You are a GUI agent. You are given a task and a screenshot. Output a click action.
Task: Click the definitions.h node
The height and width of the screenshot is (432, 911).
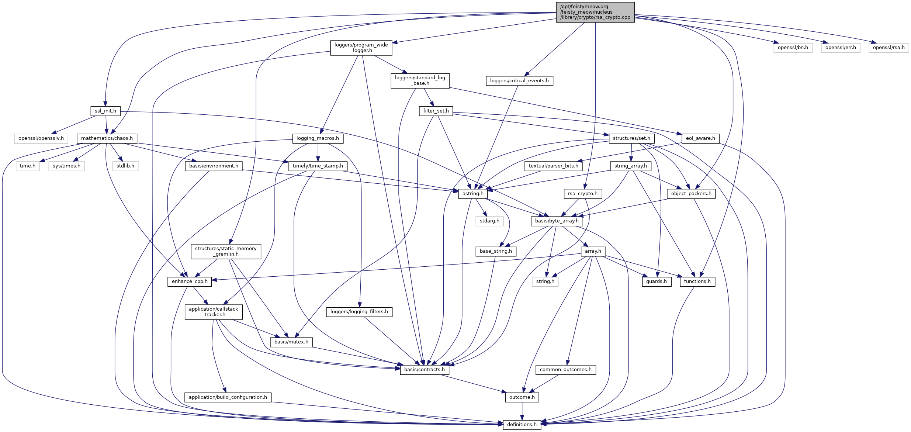click(x=522, y=424)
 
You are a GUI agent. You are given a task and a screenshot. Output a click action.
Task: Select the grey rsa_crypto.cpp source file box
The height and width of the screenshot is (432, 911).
click(x=595, y=12)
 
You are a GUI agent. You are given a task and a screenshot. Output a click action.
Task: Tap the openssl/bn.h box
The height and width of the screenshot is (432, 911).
click(x=793, y=48)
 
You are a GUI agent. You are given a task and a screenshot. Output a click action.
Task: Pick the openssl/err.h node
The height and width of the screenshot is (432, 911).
click(x=840, y=48)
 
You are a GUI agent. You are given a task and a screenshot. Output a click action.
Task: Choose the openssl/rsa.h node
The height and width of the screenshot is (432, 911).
click(x=889, y=48)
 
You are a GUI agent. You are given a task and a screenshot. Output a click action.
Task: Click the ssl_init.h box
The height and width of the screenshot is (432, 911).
click(x=105, y=111)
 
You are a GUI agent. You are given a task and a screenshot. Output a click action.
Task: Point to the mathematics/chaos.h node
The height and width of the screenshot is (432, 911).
click(x=107, y=138)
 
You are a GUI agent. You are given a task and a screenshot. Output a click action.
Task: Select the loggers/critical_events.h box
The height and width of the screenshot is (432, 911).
click(x=519, y=81)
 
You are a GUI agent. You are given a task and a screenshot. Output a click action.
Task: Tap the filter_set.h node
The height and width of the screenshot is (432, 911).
click(x=436, y=111)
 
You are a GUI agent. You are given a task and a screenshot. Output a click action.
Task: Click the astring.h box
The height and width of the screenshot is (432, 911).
click(x=472, y=194)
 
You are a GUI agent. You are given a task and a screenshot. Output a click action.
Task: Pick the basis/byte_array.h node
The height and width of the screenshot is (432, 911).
click(x=557, y=221)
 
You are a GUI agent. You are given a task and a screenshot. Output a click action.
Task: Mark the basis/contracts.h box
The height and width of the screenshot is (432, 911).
click(x=424, y=369)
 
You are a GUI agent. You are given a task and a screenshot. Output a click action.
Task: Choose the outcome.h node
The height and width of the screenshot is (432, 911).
click(x=522, y=397)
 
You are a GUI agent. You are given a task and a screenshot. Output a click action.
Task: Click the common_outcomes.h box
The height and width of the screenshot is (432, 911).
click(x=565, y=369)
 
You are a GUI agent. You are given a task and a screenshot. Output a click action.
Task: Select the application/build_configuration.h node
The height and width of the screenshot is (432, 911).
click(x=228, y=397)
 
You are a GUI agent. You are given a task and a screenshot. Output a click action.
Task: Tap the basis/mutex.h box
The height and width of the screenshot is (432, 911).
click(x=291, y=342)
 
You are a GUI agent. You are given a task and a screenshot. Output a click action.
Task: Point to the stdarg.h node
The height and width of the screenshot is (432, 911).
click(x=489, y=221)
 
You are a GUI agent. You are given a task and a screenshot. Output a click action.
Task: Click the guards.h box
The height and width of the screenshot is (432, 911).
click(x=656, y=281)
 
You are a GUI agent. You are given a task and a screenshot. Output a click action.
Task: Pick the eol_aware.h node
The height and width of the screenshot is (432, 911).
click(x=700, y=138)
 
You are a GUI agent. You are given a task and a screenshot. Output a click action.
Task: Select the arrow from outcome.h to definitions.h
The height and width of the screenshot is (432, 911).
click(x=522, y=411)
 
